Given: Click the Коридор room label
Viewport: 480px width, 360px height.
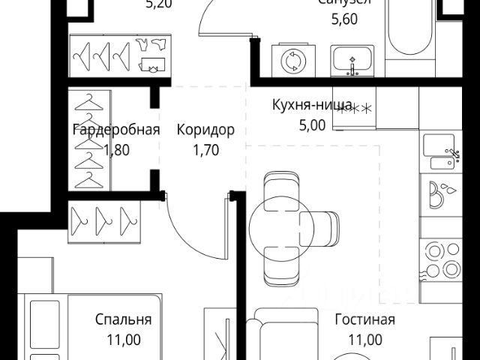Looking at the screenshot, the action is pos(205,130).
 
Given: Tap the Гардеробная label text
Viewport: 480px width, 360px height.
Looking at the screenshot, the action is pos(116,130).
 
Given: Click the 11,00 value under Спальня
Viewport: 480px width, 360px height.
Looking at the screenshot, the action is pos(124,339).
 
